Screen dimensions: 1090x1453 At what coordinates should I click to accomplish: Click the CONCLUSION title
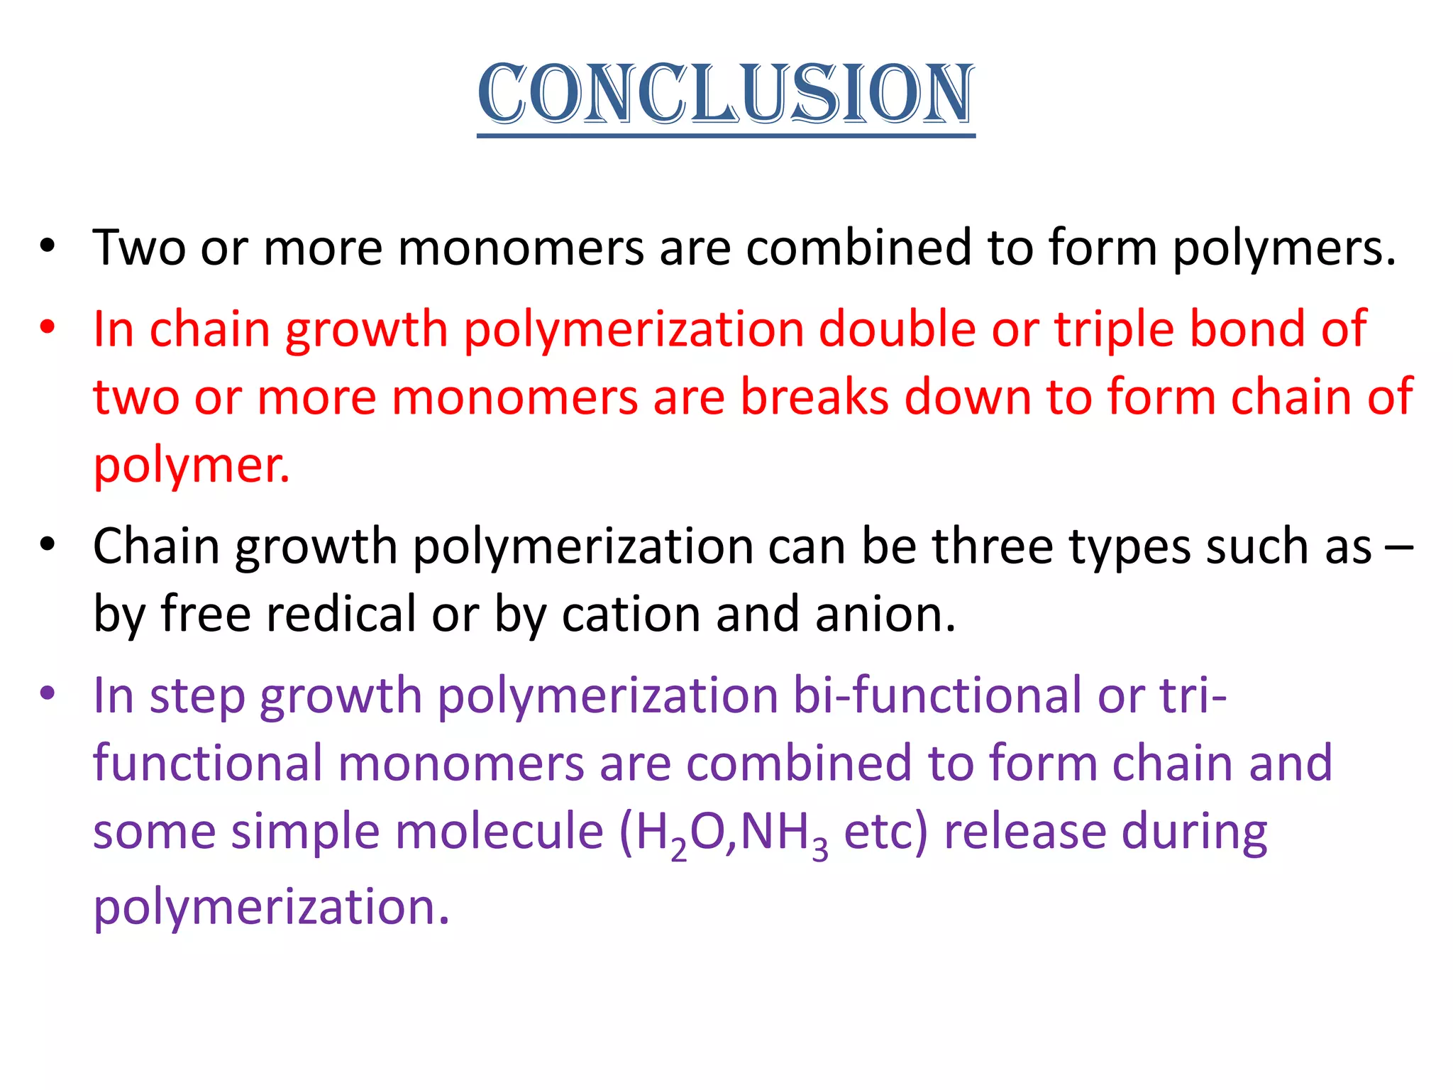pos(726,94)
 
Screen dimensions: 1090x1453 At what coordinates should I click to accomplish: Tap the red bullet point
pos(48,329)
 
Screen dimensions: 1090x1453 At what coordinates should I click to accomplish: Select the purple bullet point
pos(48,693)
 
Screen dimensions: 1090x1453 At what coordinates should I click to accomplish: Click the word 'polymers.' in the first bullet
pos(1283,248)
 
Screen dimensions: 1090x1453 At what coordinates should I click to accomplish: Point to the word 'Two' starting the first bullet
pos(139,248)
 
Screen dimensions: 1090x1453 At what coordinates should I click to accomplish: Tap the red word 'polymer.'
pos(192,466)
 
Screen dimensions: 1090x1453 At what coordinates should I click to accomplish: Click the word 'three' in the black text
pos(992,547)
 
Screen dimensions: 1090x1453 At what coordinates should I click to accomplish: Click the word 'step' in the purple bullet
pos(197,696)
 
